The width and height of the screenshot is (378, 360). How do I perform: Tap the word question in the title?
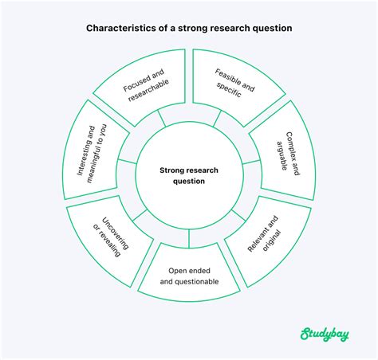coord(271,28)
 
